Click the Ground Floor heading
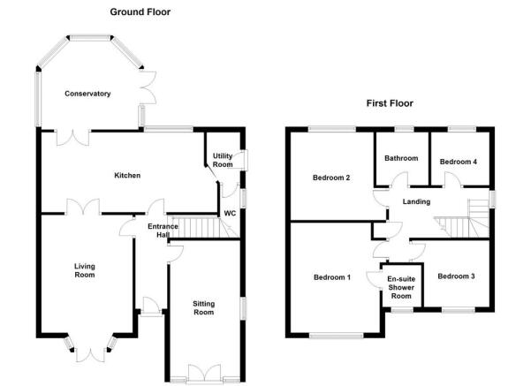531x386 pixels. [x=140, y=11]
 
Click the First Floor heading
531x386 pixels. [x=390, y=103]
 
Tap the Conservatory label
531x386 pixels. [x=87, y=94]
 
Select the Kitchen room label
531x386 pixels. [x=127, y=176]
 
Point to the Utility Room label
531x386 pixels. [x=223, y=160]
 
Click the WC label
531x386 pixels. [x=230, y=214]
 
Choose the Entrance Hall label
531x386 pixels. [x=163, y=231]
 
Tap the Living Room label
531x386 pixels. [x=85, y=270]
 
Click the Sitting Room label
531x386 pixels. [x=203, y=308]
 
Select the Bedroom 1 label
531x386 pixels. [x=332, y=277]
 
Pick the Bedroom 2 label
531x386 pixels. [x=331, y=178]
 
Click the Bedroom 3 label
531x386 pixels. [x=456, y=276]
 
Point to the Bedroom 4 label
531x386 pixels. [x=459, y=162]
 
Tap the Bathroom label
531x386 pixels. [x=401, y=158]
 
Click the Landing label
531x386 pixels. [x=416, y=201]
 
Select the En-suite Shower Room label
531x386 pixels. [x=401, y=287]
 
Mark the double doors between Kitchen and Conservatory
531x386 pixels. [x=73, y=138]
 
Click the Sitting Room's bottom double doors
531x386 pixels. [x=205, y=373]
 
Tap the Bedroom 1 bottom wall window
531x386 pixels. [x=337, y=336]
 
